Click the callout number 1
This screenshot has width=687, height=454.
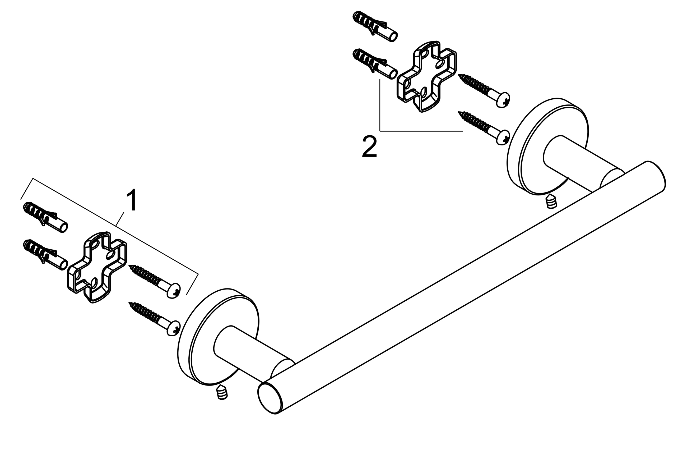(132, 200)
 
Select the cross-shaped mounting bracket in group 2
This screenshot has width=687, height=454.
(426, 76)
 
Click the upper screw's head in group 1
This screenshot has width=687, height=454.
(174, 291)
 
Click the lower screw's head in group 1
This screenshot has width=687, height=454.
(174, 328)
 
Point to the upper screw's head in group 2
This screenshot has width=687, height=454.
(503, 100)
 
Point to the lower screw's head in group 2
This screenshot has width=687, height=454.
(503, 137)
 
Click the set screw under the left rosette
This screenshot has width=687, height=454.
(222, 392)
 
